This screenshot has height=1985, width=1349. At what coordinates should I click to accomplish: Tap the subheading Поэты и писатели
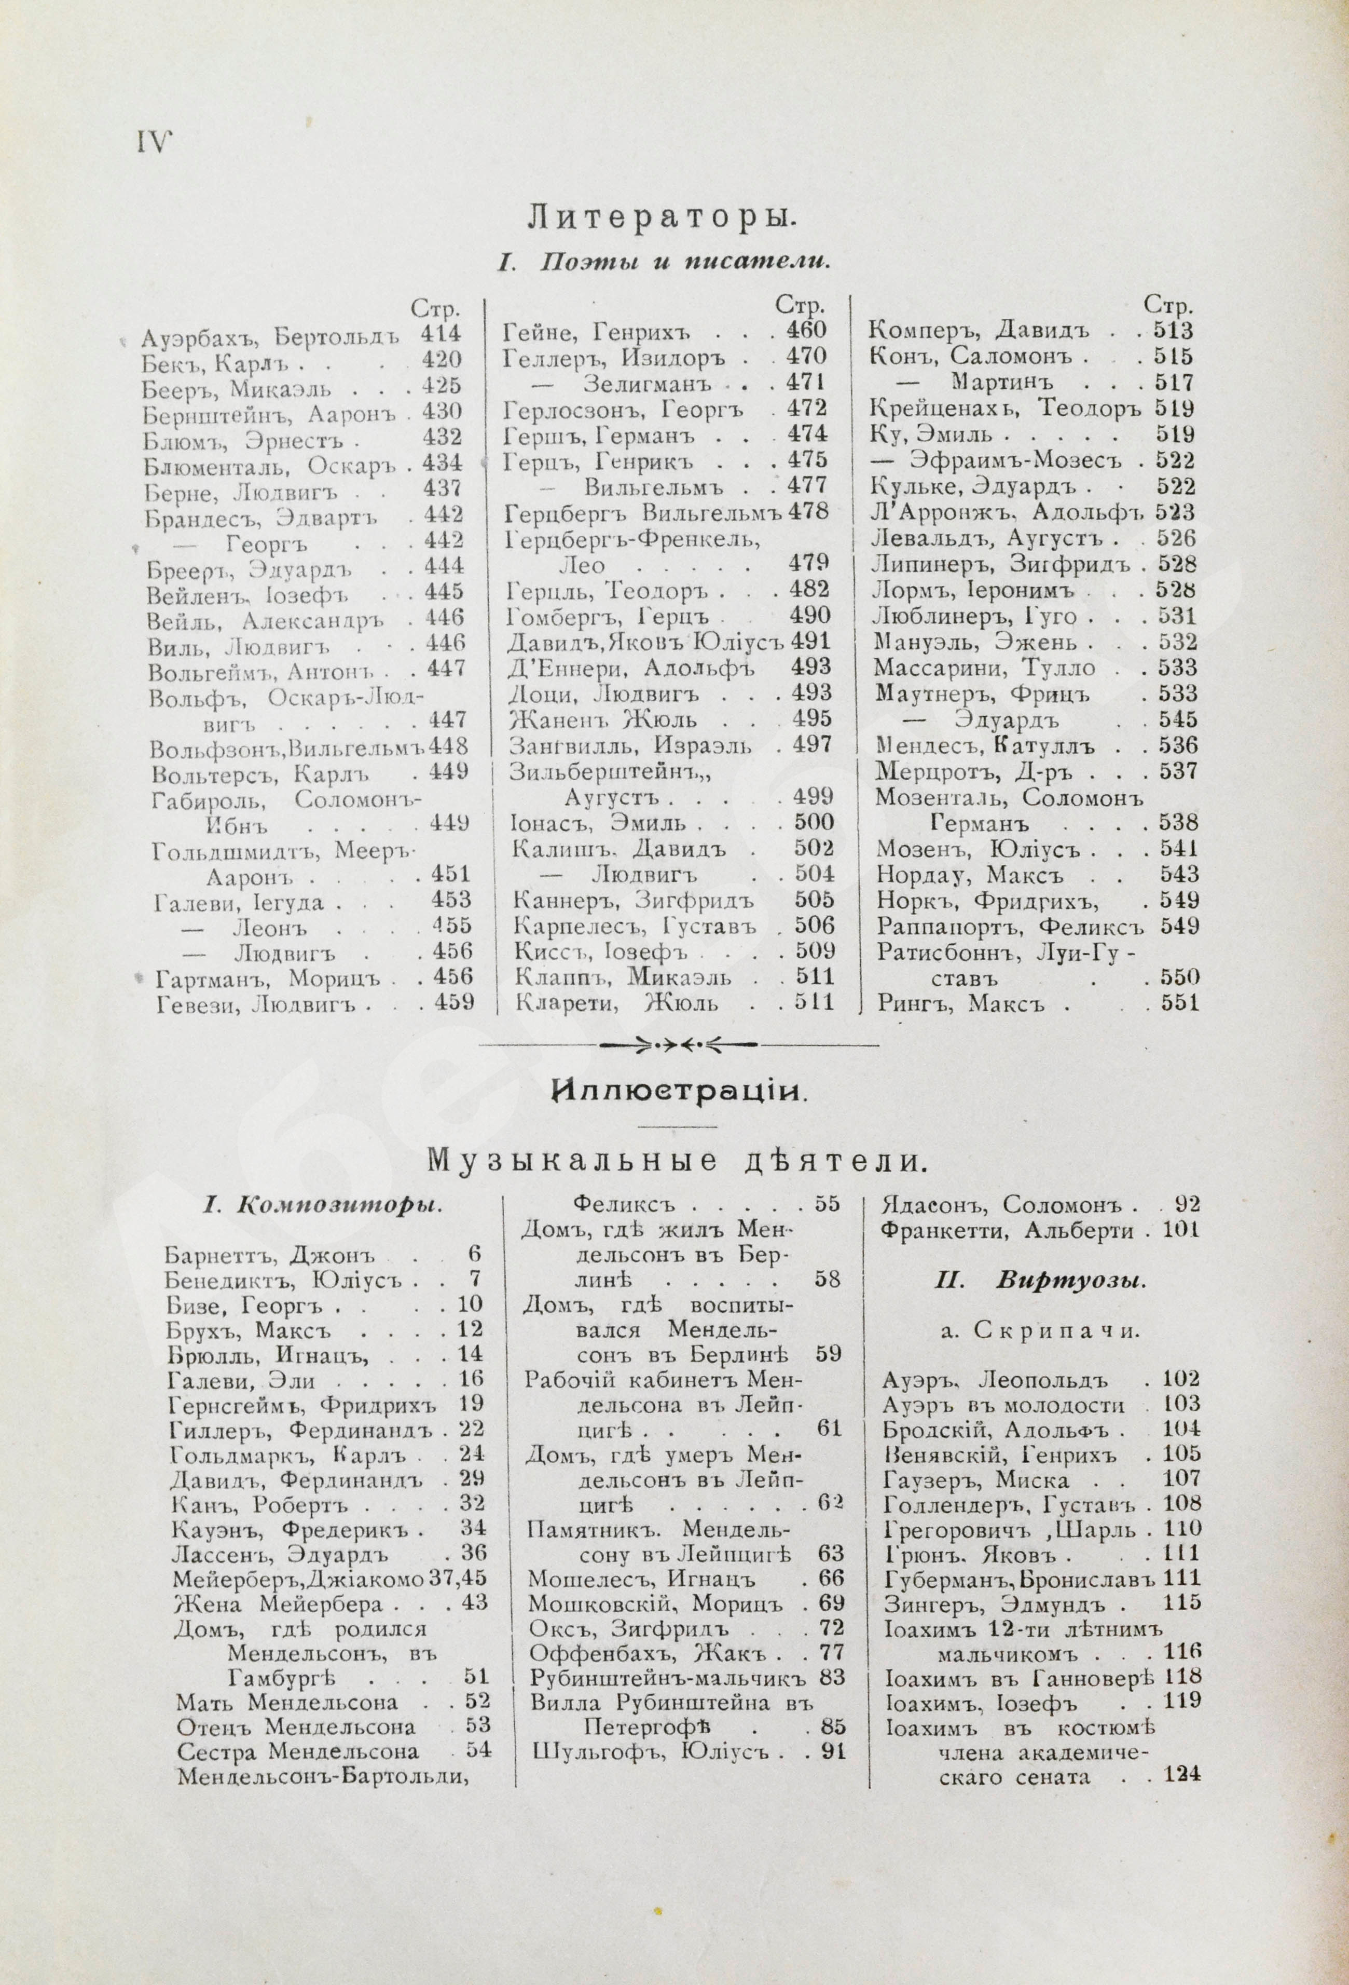pos(664,263)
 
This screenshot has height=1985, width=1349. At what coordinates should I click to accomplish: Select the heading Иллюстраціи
pos(679,1091)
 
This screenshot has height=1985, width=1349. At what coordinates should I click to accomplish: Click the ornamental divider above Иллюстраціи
pos(678,1044)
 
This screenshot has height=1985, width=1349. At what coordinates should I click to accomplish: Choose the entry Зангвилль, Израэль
pos(632,745)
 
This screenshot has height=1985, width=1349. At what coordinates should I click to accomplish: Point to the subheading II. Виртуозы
pos(1040,1281)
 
